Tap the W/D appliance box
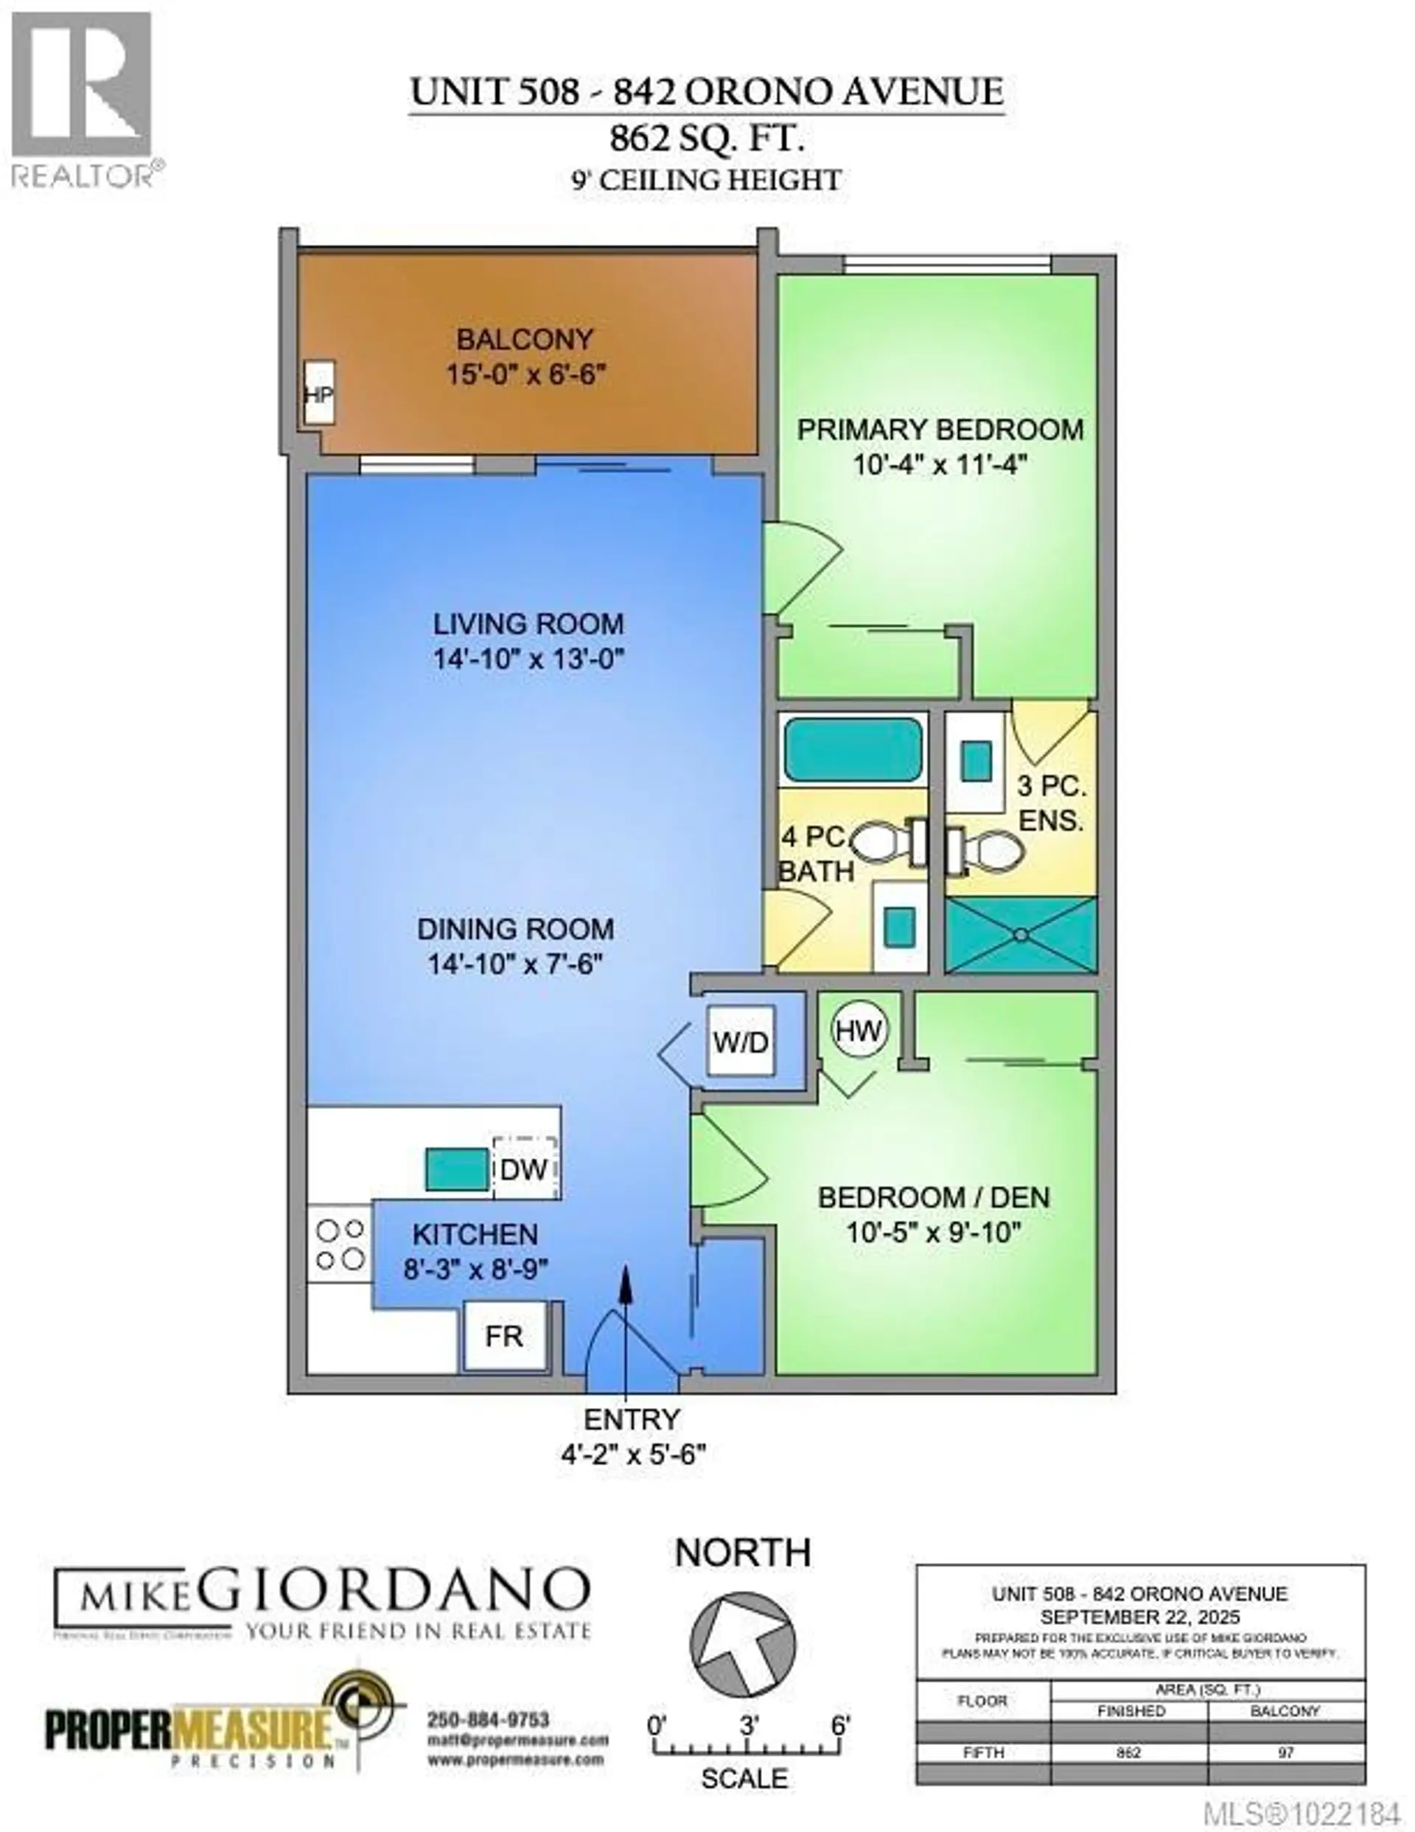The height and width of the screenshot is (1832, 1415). coord(740,1042)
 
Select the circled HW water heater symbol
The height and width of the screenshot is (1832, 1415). coord(859,1030)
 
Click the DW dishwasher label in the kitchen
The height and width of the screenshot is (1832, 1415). coord(524,1168)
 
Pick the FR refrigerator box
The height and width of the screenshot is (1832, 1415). coord(504,1335)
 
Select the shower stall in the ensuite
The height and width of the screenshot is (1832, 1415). coord(1021,935)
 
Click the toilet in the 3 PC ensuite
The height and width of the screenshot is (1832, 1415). coord(990,849)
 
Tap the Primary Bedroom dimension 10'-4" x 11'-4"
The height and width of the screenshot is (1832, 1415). coord(940,464)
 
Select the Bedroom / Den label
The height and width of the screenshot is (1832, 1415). coord(933,1197)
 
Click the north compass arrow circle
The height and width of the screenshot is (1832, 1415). coord(742,1644)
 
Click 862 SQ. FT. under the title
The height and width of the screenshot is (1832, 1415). coord(706,139)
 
